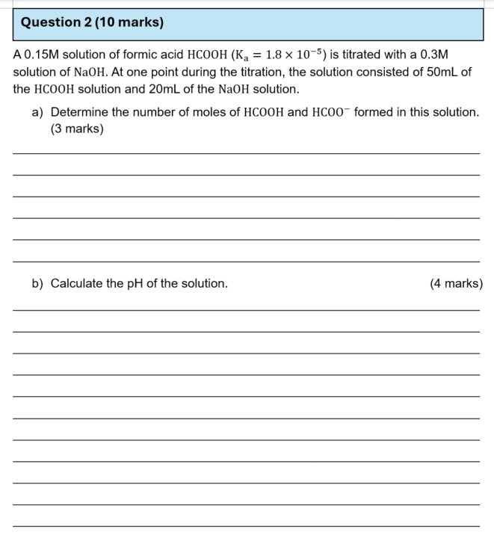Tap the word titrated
(364, 55)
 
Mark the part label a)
(37, 112)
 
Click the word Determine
(81, 112)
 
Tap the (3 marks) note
(76, 129)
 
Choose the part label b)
(37, 284)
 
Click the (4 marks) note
(456, 284)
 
